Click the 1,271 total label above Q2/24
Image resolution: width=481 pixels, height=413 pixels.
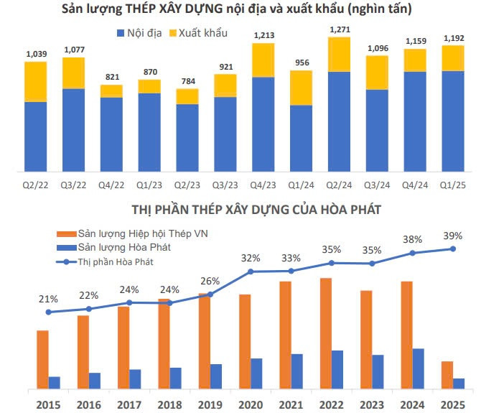[x=340, y=29]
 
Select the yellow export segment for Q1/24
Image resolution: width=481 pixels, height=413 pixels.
[x=302, y=88]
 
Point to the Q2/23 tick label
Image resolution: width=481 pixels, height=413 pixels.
[x=187, y=185]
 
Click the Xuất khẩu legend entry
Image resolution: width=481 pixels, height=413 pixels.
[x=195, y=34]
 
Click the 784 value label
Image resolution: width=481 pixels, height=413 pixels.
[x=187, y=80]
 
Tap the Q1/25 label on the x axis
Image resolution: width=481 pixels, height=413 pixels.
[x=453, y=185]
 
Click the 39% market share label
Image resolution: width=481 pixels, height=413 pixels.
[x=453, y=236]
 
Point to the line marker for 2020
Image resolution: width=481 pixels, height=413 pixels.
[x=251, y=272]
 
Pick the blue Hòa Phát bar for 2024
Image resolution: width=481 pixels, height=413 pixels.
[x=419, y=368]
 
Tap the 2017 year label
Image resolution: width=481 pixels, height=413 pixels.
[x=129, y=404]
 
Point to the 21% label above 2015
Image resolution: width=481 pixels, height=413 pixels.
[x=48, y=299]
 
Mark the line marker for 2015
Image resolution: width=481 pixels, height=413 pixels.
[x=48, y=312]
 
